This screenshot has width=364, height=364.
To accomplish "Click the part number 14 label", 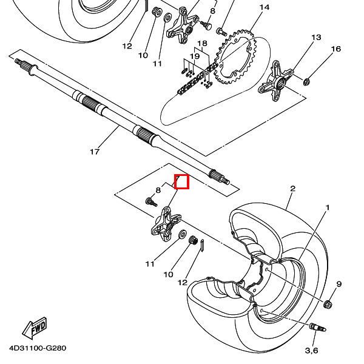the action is (x=265, y=7).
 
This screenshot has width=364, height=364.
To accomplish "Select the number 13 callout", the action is (x=316, y=38).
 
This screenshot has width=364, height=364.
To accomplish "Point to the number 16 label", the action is (x=335, y=49).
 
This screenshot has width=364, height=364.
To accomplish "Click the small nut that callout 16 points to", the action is (x=306, y=81).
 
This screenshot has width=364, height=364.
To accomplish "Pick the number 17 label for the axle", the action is (x=95, y=152).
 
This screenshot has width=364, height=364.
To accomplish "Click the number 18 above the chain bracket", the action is (x=202, y=44).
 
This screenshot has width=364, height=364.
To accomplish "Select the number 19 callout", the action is (x=195, y=56).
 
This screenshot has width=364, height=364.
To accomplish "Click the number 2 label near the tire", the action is (x=293, y=188).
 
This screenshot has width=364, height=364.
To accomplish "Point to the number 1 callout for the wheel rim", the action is (x=328, y=207).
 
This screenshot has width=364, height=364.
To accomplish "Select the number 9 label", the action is (x=339, y=284).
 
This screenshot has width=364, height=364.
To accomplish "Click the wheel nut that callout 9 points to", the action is (x=328, y=304).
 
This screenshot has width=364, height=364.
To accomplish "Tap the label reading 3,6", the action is (x=311, y=350).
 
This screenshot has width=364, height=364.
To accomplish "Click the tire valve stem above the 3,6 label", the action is (x=317, y=328).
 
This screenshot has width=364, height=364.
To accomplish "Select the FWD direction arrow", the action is (x=35, y=328).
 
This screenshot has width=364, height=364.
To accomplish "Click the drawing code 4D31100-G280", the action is (x=38, y=348).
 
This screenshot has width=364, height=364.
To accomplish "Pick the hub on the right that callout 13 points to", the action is (x=276, y=81).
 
